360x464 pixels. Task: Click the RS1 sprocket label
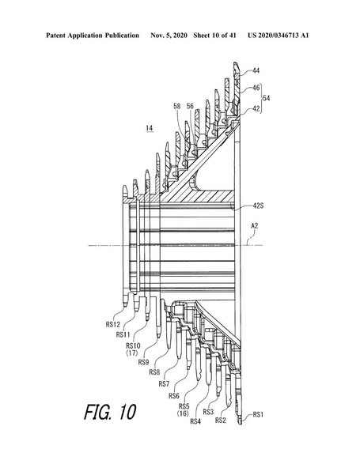258,414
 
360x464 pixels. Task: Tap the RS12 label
113,325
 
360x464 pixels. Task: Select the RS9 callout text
144,362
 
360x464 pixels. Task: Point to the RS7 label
164,384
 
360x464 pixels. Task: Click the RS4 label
195,421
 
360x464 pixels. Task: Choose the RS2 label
221,421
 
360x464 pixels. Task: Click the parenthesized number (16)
183,413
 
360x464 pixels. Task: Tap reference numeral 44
256,70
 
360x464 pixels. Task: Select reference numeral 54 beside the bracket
267,98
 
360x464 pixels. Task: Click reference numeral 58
177,106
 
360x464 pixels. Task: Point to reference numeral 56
190,106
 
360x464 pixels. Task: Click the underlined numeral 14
150,128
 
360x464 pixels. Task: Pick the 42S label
258,206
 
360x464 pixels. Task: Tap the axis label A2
255,226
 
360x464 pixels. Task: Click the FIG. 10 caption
110,412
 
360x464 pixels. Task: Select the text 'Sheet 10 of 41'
215,36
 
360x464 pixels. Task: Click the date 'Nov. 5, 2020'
169,36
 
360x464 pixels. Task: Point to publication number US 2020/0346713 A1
279,36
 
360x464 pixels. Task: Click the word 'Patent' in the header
55,36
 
